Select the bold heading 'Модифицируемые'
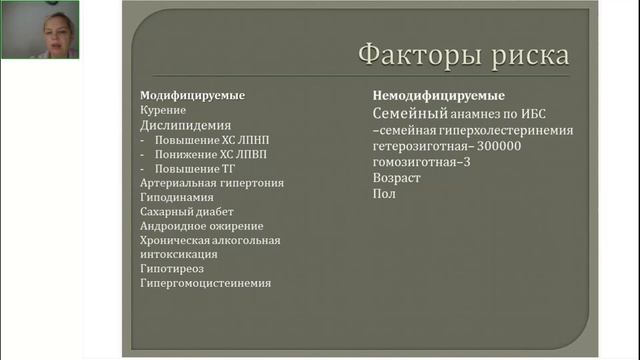pos(192,96)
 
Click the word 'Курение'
pos(163,111)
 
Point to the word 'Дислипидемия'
pos(185,127)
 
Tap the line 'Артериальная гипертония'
pos(212,184)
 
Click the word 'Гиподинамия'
pos(176,198)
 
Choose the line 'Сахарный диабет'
pos(187,212)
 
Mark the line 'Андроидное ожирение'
pos(202,226)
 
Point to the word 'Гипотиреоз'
pos(173,269)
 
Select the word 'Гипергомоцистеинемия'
pos(205,283)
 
